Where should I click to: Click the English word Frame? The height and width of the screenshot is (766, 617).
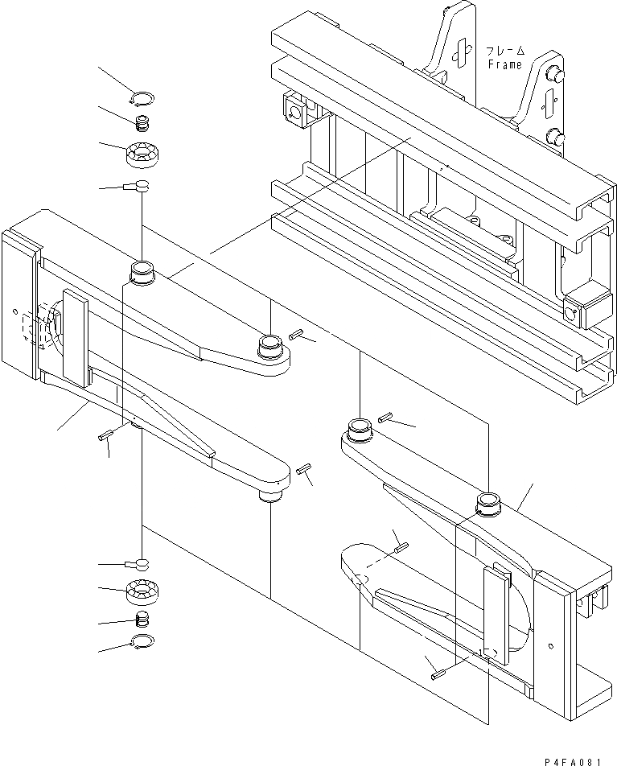tap(504, 64)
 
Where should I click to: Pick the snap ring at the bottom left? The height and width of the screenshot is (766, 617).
tap(142, 641)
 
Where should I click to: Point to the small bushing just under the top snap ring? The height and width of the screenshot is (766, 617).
tap(142, 123)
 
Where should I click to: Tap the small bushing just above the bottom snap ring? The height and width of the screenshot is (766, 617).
tap(142, 620)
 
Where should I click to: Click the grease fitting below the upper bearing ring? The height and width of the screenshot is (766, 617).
tap(137, 187)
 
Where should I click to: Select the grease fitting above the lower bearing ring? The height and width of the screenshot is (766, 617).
tap(137, 562)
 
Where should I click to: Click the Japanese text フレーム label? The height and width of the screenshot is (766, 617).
tap(504, 50)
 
